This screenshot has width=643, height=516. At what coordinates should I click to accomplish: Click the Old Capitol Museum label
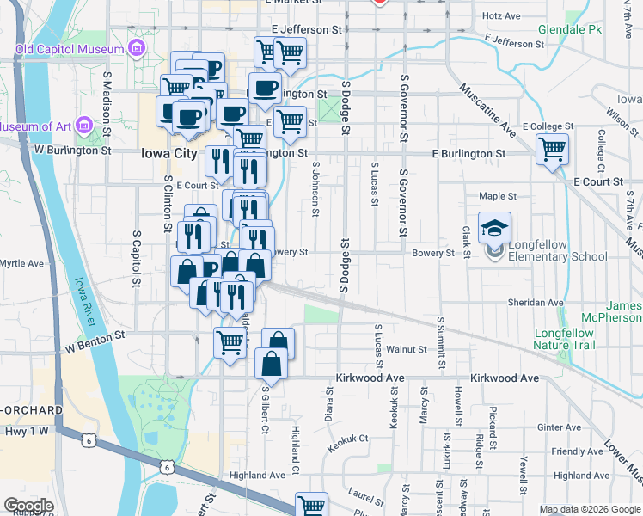pyautogui.click(x=70, y=49)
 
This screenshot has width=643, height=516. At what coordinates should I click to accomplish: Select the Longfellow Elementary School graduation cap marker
pyautogui.click(x=495, y=228)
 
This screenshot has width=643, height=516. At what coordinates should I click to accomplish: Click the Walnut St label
pyautogui.click(x=406, y=349)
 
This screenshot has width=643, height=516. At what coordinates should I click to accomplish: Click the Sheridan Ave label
pyautogui.click(x=535, y=303)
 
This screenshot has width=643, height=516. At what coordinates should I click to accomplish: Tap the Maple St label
pyautogui.click(x=497, y=196)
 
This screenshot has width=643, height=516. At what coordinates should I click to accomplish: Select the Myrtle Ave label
pyautogui.click(x=21, y=263)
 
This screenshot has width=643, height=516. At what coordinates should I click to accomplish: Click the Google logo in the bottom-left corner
pyautogui.click(x=28, y=506)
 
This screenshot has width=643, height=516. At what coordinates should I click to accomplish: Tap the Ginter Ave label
pyautogui.click(x=559, y=427)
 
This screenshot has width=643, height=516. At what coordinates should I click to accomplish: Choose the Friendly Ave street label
pyautogui.click(x=578, y=451)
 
